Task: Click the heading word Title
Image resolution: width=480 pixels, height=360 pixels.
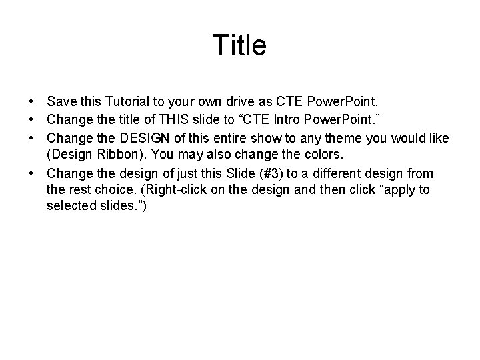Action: (x=239, y=45)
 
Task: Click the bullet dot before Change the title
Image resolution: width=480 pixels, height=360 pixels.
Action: (x=31, y=121)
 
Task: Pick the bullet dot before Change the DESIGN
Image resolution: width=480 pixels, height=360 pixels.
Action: (x=31, y=138)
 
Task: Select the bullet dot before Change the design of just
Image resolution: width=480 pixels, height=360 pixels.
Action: (x=31, y=173)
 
